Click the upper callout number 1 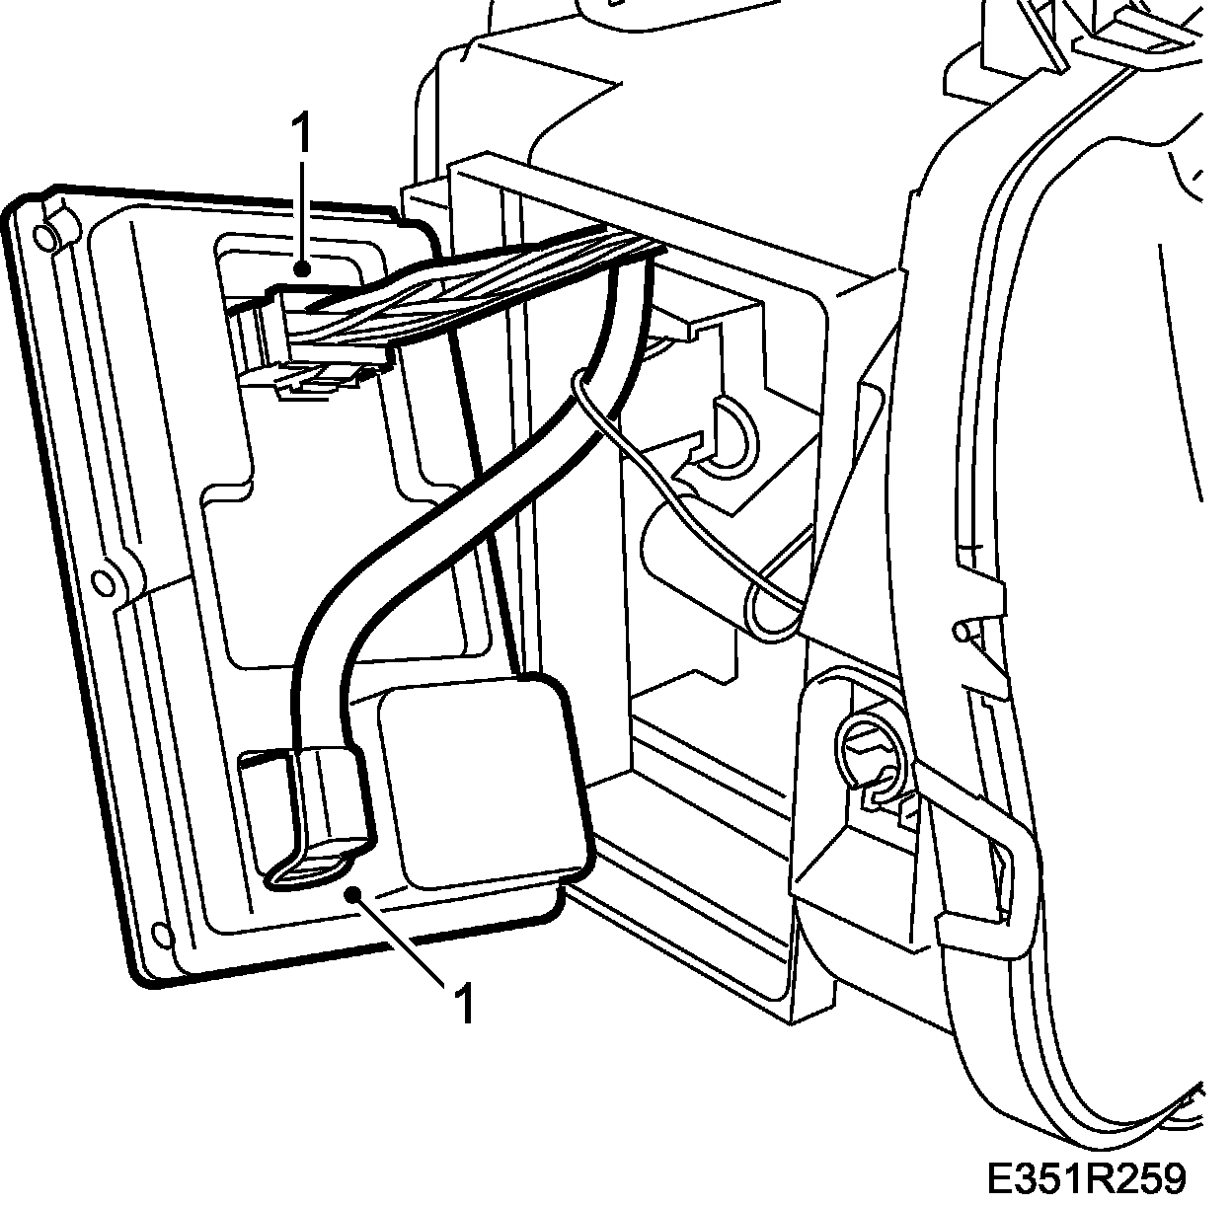pyautogui.click(x=301, y=135)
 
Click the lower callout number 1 pyautogui.click(x=465, y=1004)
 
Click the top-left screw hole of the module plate pyautogui.click(x=43, y=236)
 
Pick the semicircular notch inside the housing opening pyautogui.click(x=731, y=434)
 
